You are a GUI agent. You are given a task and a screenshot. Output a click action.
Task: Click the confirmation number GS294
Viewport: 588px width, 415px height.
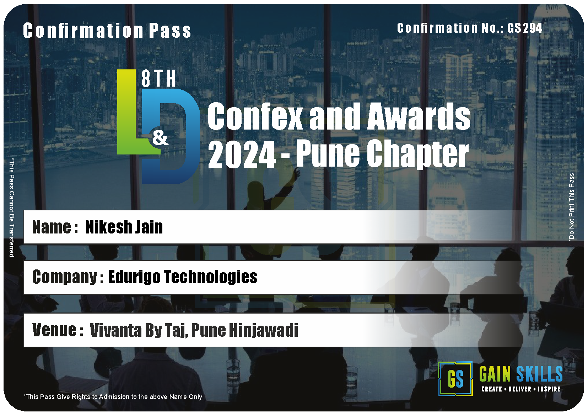524,28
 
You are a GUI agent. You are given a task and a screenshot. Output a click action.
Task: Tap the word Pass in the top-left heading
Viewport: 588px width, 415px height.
170,31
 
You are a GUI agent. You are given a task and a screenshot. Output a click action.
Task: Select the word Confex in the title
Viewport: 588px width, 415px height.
255,116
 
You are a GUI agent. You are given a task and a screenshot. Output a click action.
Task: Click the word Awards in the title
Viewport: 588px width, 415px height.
419,116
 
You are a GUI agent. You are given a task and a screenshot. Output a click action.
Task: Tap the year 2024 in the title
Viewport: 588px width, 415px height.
242,154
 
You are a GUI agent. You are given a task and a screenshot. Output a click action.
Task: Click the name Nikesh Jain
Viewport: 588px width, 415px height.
124,227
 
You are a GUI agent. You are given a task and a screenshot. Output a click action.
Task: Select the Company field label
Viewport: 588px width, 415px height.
68,277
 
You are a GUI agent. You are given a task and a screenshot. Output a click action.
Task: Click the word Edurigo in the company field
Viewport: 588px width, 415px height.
134,277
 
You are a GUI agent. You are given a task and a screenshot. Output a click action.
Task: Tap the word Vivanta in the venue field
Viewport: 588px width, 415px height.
115,330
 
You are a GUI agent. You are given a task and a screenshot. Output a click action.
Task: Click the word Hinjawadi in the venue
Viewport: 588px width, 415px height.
264,330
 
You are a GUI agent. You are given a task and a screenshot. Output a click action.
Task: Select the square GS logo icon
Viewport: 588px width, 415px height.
455,379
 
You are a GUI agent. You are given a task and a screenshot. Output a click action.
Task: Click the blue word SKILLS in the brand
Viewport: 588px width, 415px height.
539,374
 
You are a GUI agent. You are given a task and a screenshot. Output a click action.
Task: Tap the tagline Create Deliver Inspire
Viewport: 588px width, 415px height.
521,389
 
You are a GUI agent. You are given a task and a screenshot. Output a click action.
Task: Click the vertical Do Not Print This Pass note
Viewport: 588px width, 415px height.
571,207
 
